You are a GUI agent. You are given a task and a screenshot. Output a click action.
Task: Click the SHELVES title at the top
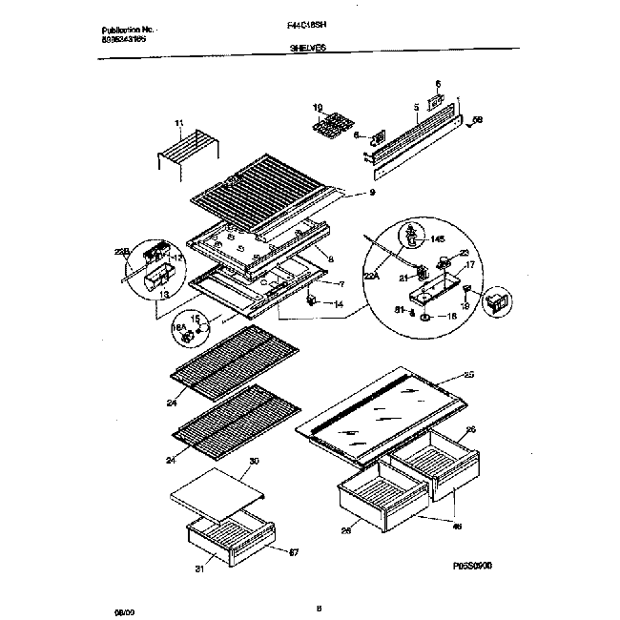(x=309, y=58)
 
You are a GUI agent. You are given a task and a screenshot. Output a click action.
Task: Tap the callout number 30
(x=254, y=461)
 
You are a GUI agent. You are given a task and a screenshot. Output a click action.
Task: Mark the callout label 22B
(x=120, y=252)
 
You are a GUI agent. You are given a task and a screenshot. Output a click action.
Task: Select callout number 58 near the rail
(x=479, y=121)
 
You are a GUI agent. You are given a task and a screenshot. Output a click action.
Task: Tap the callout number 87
(x=294, y=551)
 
